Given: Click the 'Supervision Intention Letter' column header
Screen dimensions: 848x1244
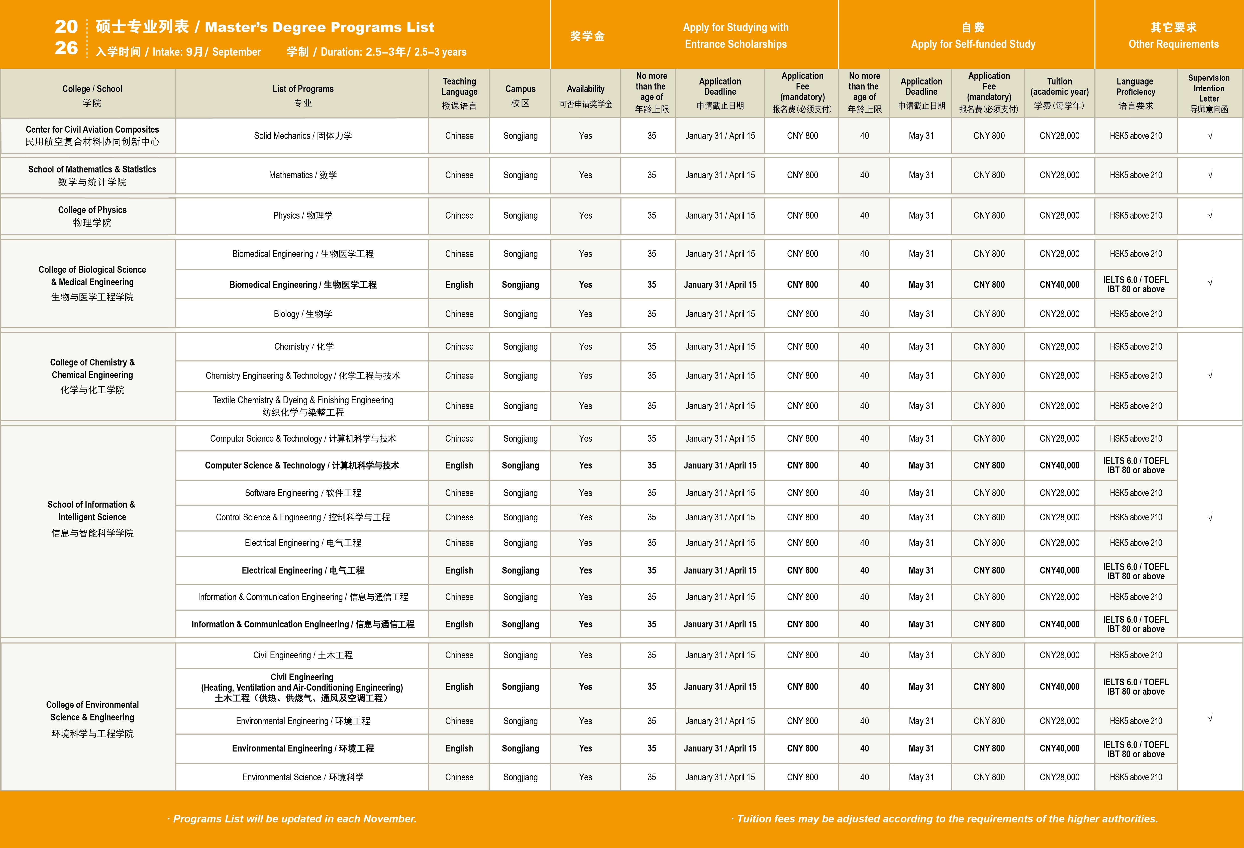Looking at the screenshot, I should click(x=1209, y=93).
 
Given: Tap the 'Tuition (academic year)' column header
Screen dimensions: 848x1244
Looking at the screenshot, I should click(x=1059, y=93).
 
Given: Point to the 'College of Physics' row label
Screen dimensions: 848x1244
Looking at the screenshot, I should click(x=92, y=216).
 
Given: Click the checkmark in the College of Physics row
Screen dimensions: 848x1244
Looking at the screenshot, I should click(x=1210, y=215).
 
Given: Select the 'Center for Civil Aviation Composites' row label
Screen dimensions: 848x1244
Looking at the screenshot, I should click(x=92, y=135).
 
